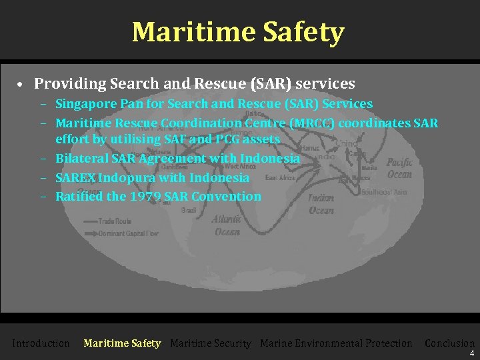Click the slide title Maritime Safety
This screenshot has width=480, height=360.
238,32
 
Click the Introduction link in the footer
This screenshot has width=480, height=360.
41,343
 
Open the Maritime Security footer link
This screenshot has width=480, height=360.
211,343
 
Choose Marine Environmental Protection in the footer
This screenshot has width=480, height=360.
336,343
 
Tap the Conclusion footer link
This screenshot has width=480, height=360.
449,343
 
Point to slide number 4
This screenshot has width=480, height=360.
472,353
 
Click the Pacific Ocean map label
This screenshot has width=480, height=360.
399,167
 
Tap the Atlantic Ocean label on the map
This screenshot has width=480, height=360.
227,225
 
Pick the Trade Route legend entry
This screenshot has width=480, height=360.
115,221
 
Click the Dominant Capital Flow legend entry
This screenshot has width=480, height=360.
130,233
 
